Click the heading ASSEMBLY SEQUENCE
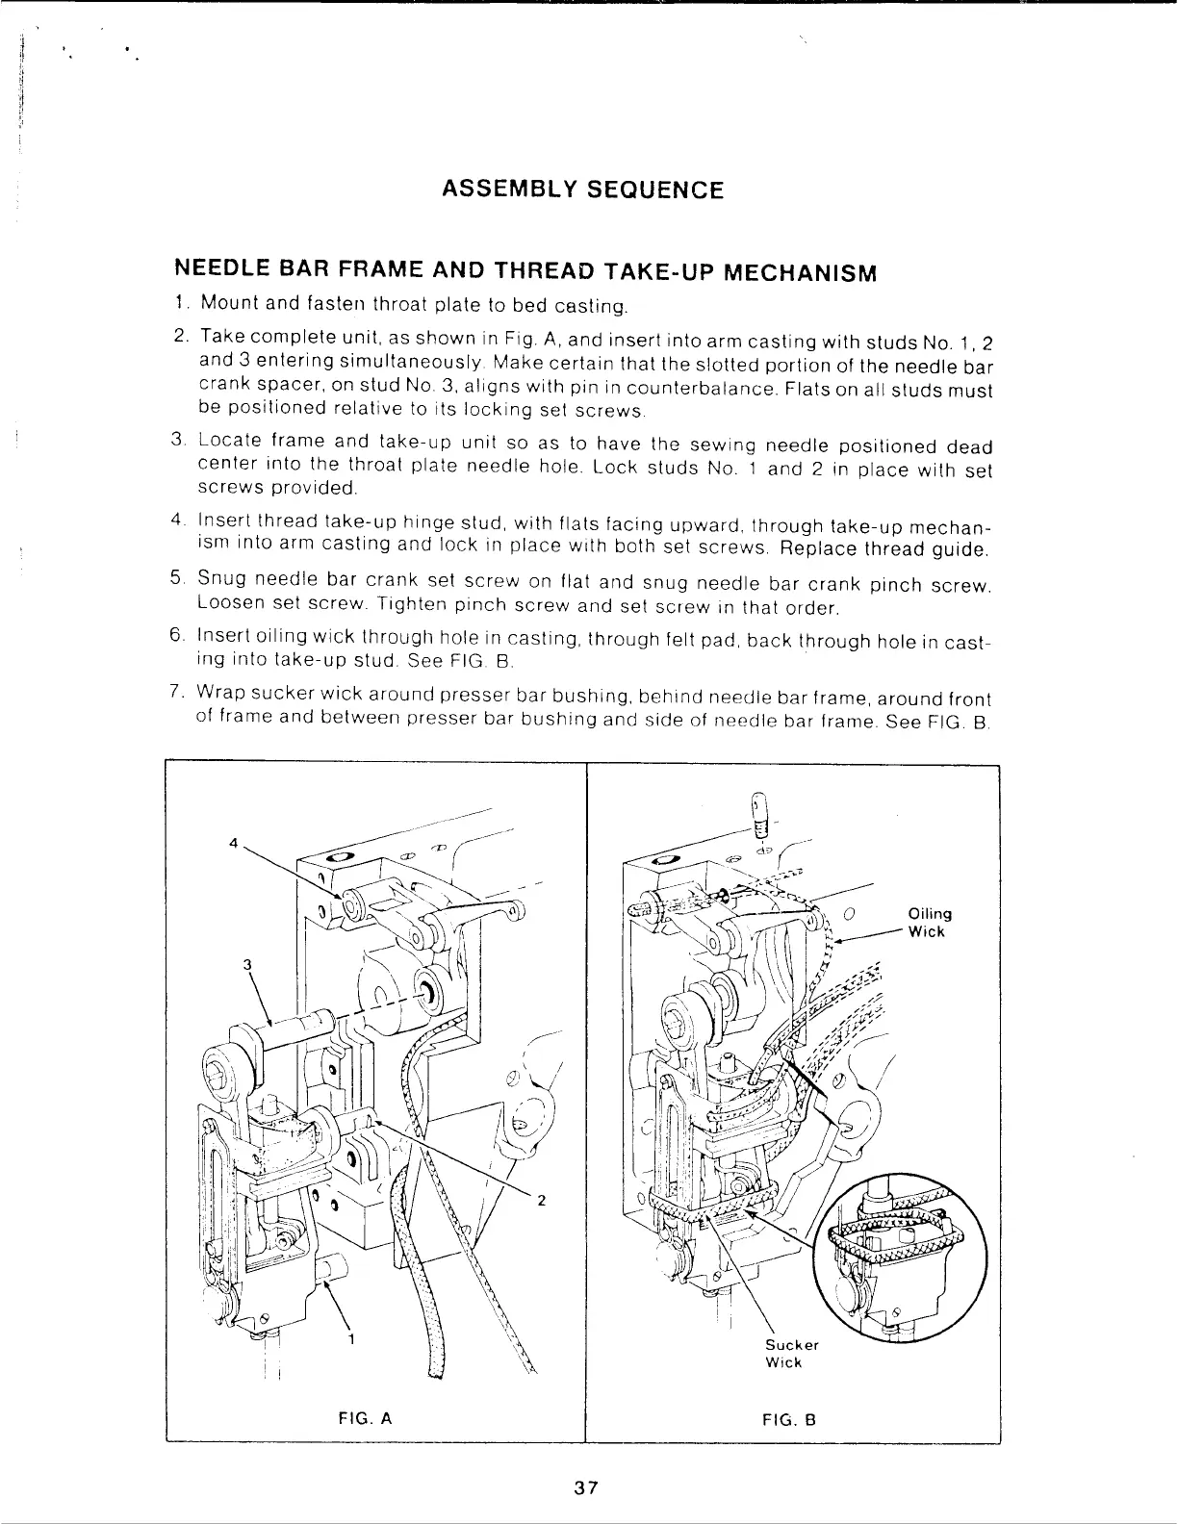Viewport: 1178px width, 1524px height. tap(581, 189)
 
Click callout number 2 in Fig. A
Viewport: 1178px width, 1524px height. tap(541, 1200)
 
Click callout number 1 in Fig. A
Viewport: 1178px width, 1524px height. tap(352, 1338)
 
